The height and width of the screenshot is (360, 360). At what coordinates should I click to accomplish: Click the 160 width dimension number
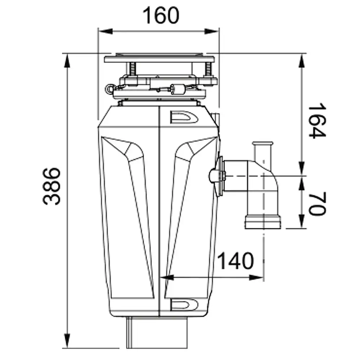click(x=161, y=15)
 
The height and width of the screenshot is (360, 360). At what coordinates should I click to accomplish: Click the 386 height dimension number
click(x=51, y=186)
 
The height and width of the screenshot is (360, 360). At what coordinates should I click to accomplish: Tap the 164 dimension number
click(x=317, y=120)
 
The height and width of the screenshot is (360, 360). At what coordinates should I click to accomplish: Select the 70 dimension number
click(x=317, y=203)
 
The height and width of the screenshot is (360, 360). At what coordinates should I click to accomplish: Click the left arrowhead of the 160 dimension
click(x=105, y=31)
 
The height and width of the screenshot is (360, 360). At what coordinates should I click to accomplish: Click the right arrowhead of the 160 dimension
click(x=212, y=31)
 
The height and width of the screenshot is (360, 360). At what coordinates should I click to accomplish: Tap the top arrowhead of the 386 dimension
click(x=67, y=61)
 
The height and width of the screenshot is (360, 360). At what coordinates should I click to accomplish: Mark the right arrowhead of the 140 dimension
click(x=256, y=278)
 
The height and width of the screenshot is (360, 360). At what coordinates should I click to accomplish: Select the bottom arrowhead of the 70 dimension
click(x=302, y=221)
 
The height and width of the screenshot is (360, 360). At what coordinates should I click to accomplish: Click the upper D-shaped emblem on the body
click(x=184, y=117)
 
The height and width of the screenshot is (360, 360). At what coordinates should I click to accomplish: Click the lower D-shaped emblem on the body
click(x=184, y=305)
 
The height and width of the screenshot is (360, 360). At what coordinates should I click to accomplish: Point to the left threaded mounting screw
click(x=133, y=69)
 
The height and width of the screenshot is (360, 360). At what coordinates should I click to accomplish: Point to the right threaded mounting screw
click(x=208, y=69)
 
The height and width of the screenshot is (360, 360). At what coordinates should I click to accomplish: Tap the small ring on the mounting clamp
click(x=109, y=89)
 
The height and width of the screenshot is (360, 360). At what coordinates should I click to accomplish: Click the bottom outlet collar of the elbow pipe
click(x=263, y=221)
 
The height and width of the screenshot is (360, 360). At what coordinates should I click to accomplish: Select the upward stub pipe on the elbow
click(x=263, y=152)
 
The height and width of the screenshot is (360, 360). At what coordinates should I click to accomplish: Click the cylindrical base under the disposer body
click(x=157, y=332)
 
